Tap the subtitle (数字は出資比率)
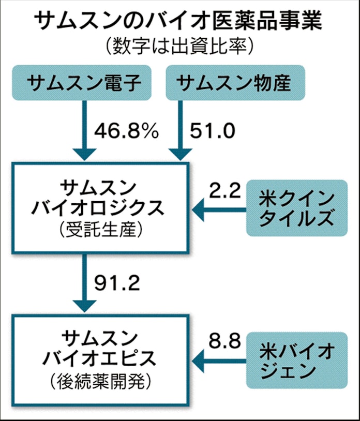[x=179, y=47]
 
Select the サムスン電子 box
[x=82, y=83]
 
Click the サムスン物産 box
[x=235, y=83]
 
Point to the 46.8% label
[x=126, y=131]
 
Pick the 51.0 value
[x=213, y=131]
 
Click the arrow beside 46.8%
[x=84, y=130]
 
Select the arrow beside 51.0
[x=181, y=130]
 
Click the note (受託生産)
[x=100, y=230]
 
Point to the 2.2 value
[x=225, y=190]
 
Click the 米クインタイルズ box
[x=297, y=208]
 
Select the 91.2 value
[x=117, y=283]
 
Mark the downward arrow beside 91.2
[x=84, y=283]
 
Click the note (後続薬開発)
[x=100, y=381]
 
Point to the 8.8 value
[x=225, y=341]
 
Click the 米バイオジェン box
[x=297, y=360]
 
